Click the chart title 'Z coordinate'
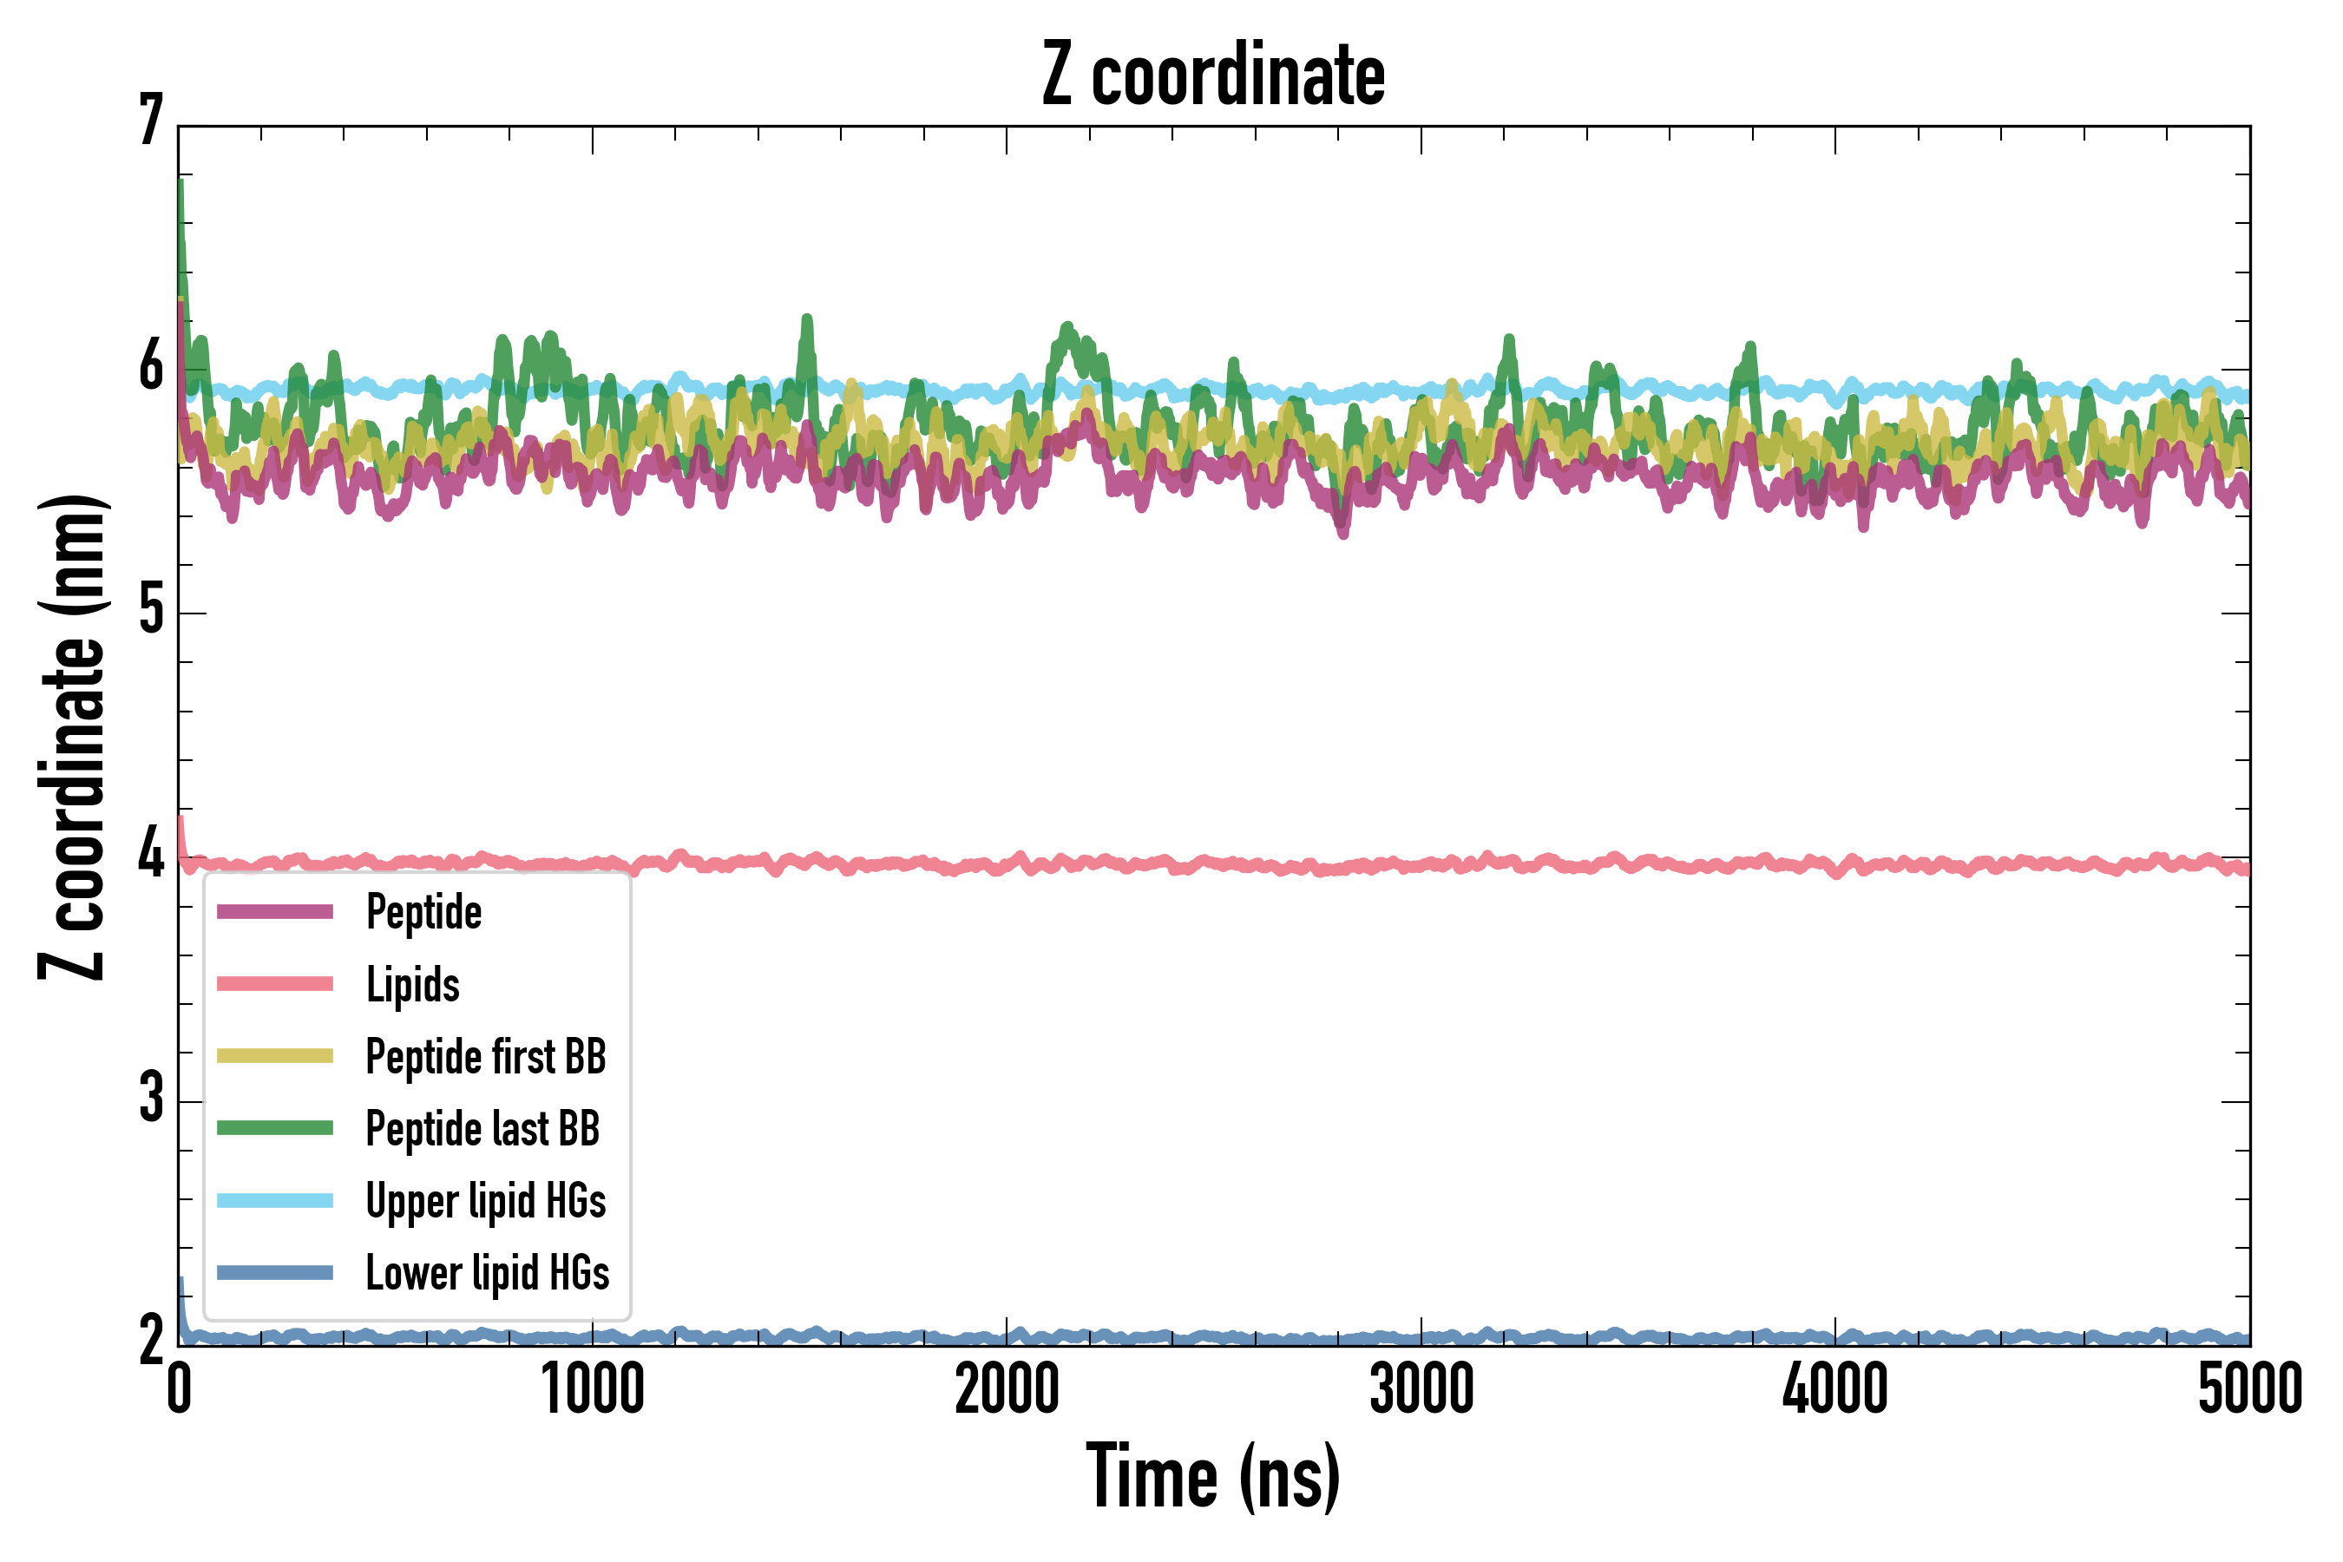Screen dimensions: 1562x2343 pyautogui.click(x=1212, y=75)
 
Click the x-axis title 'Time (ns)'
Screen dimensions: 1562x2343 pyautogui.click(x=1212, y=1476)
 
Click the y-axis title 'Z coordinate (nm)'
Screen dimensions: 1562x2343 pyautogui.click(x=72, y=736)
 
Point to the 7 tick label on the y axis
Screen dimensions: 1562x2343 pyautogui.click(x=150, y=121)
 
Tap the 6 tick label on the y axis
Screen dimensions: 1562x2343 pyautogui.click(x=150, y=368)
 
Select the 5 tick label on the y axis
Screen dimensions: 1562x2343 pyautogui.click(x=150, y=611)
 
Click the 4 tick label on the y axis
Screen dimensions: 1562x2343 pyautogui.click(x=150, y=856)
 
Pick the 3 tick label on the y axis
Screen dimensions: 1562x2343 pyautogui.click(x=150, y=1099)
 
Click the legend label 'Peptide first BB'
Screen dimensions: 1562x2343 pyautogui.click(x=485, y=1057)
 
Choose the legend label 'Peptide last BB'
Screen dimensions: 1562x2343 pyautogui.click(x=482, y=1129)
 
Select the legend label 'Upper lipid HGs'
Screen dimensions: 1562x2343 pyautogui.click(x=485, y=1200)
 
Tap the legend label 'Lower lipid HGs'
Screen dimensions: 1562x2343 pyautogui.click(x=487, y=1273)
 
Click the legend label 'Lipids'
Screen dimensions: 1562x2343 pyautogui.click(x=412, y=984)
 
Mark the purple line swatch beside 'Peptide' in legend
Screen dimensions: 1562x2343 pyautogui.click(x=275, y=911)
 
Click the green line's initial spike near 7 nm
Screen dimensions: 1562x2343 pyautogui.click(x=180, y=184)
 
